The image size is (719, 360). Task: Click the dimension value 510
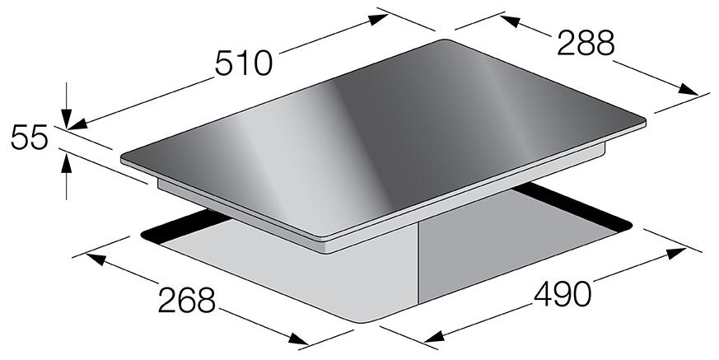[244, 63]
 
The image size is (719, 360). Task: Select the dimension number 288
[585, 43]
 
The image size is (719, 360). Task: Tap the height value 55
[30, 138]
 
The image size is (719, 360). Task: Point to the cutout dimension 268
[187, 300]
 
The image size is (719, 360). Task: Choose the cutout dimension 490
[563, 294]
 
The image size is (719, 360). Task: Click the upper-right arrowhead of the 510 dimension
[379, 19]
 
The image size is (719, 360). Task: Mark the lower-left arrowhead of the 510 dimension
[77, 124]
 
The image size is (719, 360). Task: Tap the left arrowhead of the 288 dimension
[510, 21]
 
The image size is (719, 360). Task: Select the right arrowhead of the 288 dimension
[688, 89]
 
